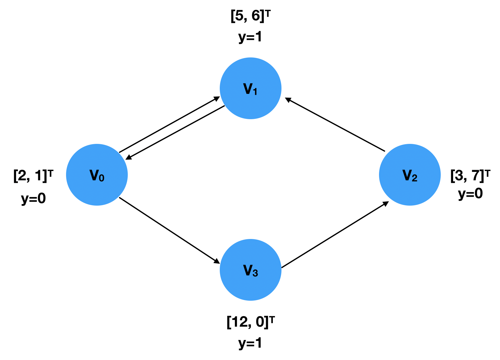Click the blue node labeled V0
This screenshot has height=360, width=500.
[97, 175]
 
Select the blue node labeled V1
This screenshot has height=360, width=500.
[250, 88]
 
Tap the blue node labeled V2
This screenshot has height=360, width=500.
[410, 175]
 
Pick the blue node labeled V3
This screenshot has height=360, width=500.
[250, 270]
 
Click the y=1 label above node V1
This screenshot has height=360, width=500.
[250, 37]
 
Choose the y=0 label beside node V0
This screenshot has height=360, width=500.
[33, 199]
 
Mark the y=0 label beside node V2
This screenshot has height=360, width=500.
[470, 194]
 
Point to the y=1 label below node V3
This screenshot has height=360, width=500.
[250, 343]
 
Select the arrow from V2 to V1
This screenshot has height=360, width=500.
[335, 125]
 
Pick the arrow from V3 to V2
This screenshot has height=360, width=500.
[335, 235]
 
